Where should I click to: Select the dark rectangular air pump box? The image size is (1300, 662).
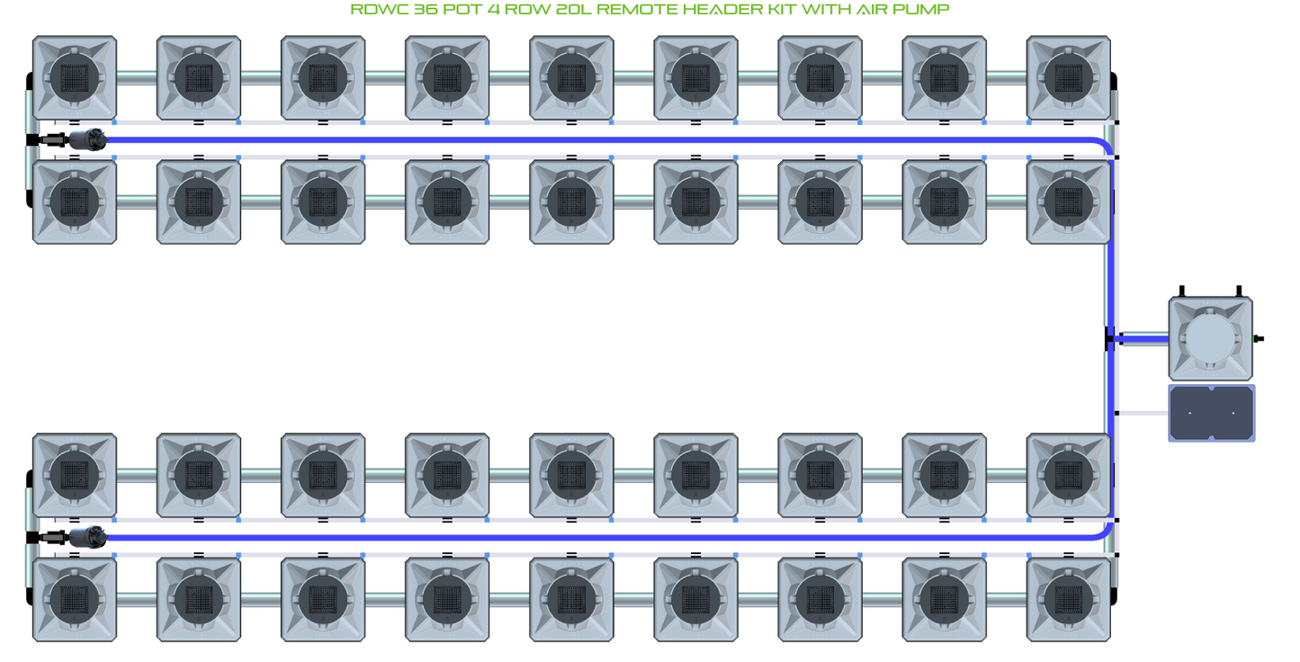click(x=1211, y=413)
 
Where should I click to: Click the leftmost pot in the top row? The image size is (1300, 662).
click(x=74, y=77)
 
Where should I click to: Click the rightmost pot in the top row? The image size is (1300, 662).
click(x=1068, y=77)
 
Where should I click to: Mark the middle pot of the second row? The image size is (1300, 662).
click(x=571, y=201)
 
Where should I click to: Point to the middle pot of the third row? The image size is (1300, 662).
click(x=571, y=475)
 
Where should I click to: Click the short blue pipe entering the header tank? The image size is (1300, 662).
click(x=1143, y=339)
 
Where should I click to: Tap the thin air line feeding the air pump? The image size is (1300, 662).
click(x=1143, y=414)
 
